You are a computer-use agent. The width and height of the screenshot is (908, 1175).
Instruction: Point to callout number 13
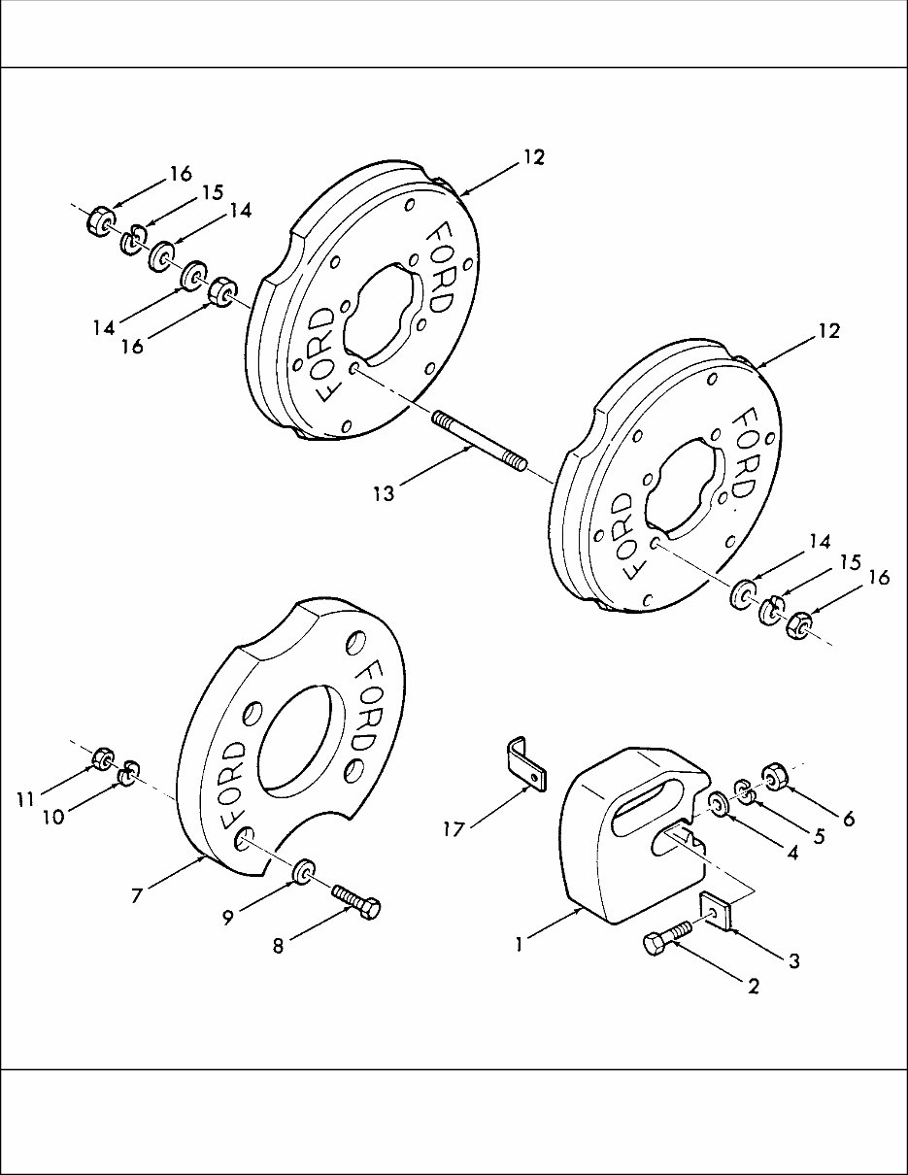point(384,494)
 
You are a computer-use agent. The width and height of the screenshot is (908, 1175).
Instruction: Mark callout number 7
point(137,895)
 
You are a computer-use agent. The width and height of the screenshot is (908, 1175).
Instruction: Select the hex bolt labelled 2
point(666,940)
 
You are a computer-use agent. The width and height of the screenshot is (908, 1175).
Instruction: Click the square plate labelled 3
point(716,912)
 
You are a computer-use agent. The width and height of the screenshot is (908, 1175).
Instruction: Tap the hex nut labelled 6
point(775,777)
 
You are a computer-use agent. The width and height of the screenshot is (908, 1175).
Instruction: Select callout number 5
point(819,834)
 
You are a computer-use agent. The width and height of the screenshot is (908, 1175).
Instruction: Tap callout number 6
point(848,818)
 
